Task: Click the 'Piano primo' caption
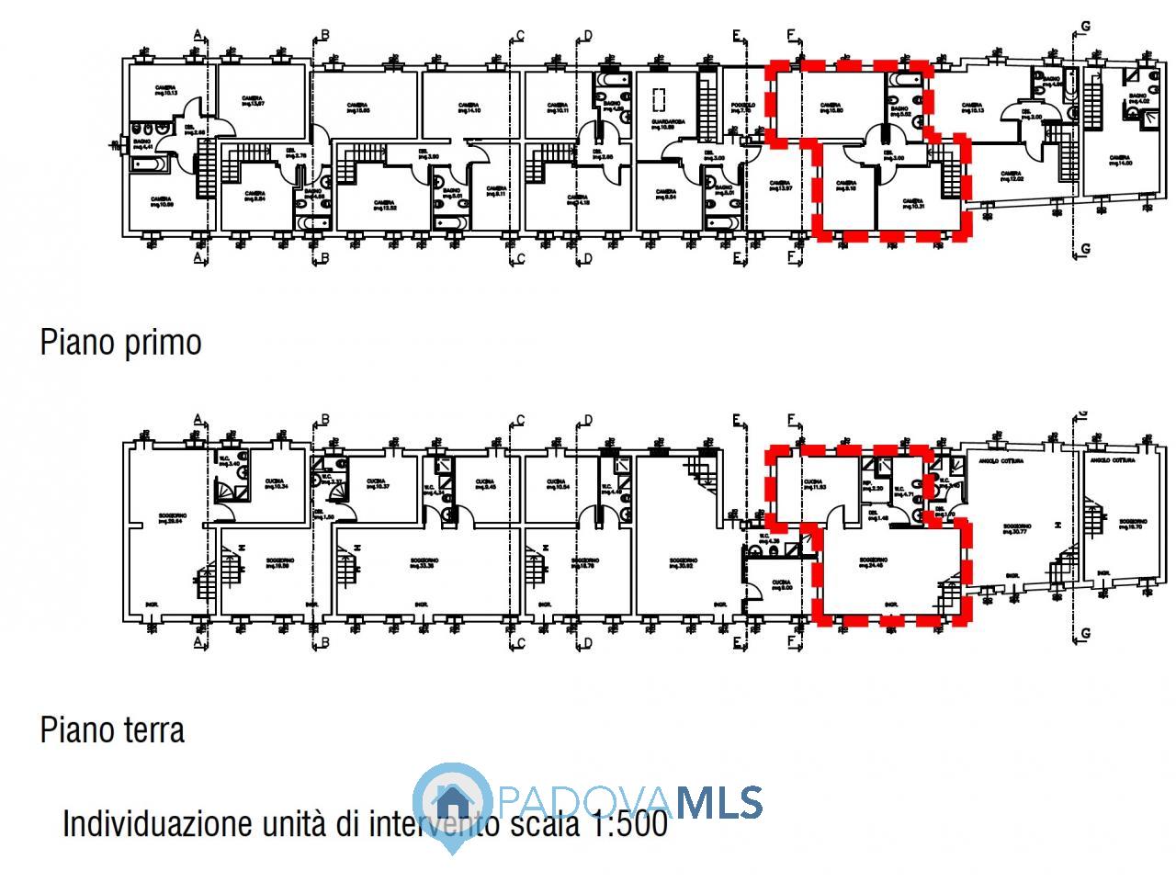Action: [120, 343]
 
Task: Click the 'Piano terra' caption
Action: [112, 730]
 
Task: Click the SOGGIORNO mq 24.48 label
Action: [872, 562]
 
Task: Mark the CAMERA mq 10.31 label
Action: [912, 204]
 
